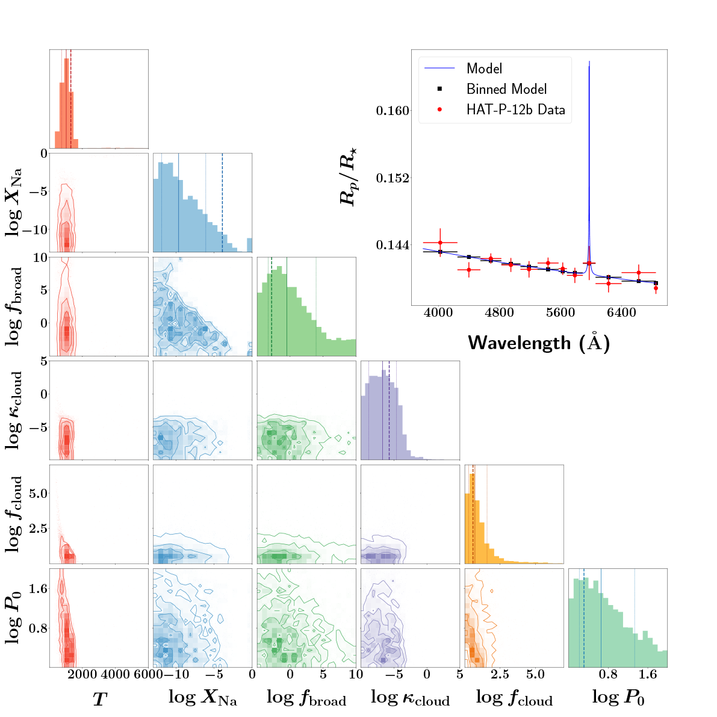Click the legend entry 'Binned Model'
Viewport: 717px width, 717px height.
click(x=506, y=89)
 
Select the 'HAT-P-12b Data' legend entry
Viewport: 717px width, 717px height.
click(x=515, y=110)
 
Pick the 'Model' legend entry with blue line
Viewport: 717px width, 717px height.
click(x=484, y=69)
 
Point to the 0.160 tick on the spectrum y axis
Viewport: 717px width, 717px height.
click(x=393, y=111)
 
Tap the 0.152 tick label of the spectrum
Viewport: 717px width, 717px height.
click(x=393, y=178)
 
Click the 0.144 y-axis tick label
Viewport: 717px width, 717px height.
click(x=393, y=245)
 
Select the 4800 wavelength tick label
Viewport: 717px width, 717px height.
click(x=499, y=313)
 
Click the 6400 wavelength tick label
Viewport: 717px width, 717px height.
click(x=621, y=313)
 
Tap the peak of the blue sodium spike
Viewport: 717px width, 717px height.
click(x=589, y=62)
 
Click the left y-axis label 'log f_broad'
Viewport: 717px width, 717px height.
click(x=14, y=307)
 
